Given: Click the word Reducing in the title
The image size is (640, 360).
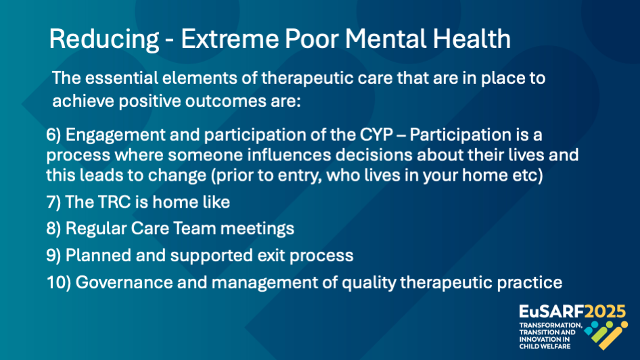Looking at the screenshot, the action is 104,40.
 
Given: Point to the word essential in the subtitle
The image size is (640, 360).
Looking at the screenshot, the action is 121,78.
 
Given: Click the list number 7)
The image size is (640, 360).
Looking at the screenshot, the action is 53,202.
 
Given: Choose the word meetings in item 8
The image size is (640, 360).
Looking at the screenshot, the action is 257,229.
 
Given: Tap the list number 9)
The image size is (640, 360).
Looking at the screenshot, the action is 53,256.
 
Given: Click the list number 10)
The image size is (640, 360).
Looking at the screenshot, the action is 59,283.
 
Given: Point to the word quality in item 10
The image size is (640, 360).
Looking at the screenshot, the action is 369,283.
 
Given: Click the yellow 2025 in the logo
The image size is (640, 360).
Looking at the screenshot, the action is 605,312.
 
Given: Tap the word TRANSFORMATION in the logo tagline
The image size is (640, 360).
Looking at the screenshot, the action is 551,325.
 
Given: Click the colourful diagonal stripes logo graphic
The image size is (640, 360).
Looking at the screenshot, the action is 606,335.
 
